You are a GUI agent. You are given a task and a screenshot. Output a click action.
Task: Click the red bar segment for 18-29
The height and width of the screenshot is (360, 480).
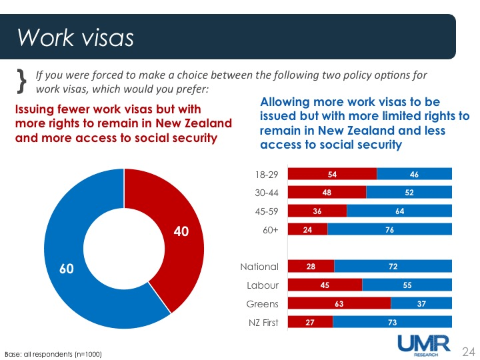[x=332, y=174]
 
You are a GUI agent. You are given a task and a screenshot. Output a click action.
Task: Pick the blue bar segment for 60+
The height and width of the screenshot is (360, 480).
[x=389, y=229]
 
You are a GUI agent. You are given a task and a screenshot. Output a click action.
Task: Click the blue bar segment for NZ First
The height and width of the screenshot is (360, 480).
[x=392, y=323]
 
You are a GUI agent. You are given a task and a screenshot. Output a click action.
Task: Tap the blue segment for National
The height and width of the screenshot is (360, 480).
[x=393, y=267]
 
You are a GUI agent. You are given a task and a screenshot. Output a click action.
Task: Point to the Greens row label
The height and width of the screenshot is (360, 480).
[x=262, y=304]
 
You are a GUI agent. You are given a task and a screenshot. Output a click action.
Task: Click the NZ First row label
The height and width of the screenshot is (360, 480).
[x=259, y=323]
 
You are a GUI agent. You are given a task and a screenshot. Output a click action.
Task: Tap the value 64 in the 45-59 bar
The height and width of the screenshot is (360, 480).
[x=399, y=211]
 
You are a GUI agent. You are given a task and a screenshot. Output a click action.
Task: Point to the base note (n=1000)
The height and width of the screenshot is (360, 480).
[x=53, y=353]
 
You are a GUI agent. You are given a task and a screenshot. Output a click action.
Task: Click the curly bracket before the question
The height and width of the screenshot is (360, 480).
[x=21, y=80]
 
